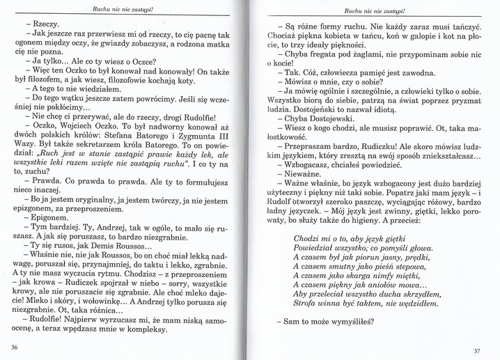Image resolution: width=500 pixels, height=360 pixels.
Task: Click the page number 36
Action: click(14, 346)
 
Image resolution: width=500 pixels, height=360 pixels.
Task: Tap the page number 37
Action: click(477, 350)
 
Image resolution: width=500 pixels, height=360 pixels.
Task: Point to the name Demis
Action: click(122, 246)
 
